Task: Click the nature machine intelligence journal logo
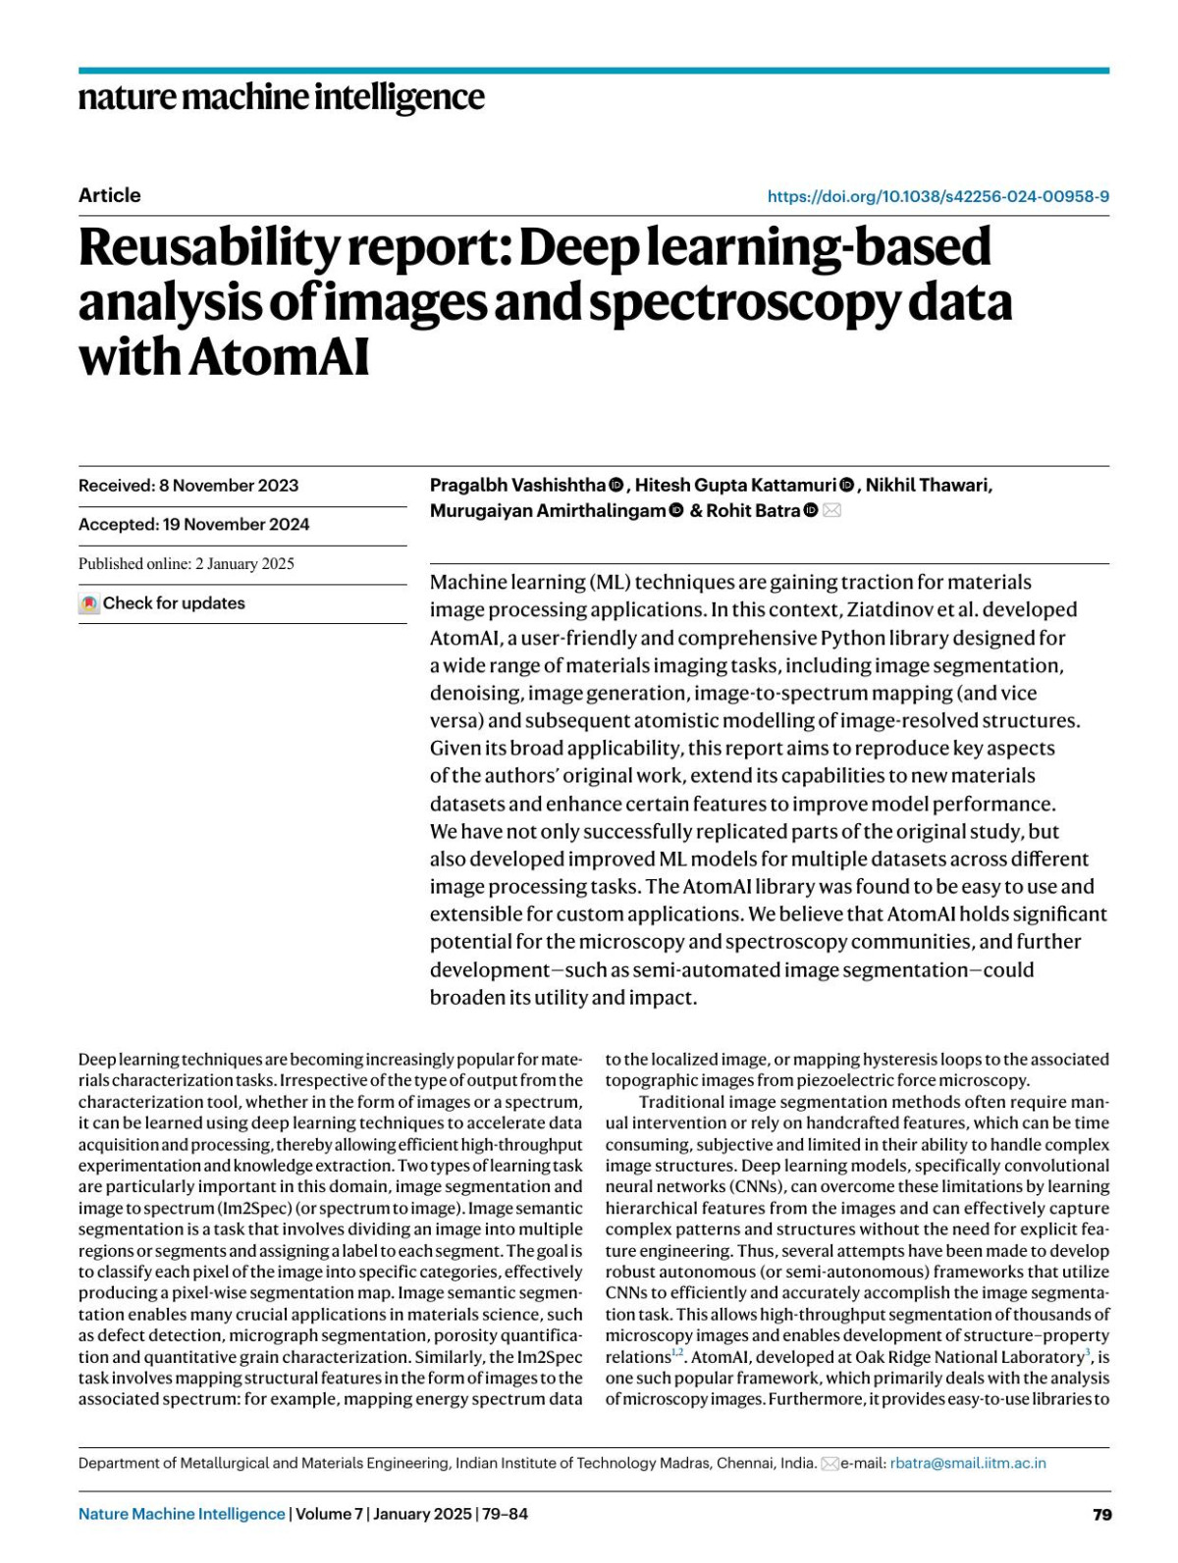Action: pyautogui.click(x=281, y=97)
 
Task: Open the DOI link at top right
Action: pyautogui.click(x=937, y=196)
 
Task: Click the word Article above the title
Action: pyautogui.click(x=109, y=195)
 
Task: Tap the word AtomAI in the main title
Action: pyautogui.click(x=280, y=356)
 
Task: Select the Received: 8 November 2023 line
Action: pyautogui.click(x=188, y=486)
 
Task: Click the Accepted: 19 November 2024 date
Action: pyautogui.click(x=193, y=524)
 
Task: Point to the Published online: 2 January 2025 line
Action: pyautogui.click(x=187, y=563)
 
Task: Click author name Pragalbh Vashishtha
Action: pyautogui.click(x=517, y=485)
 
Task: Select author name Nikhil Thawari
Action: pyautogui.click(x=928, y=485)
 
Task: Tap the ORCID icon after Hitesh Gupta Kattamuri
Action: pyautogui.click(x=846, y=486)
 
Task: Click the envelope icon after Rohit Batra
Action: pyautogui.click(x=831, y=510)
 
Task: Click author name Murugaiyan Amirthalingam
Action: pyautogui.click(x=547, y=510)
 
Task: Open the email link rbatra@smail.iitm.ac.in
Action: pyautogui.click(x=967, y=1463)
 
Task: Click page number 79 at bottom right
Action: pyautogui.click(x=1101, y=1514)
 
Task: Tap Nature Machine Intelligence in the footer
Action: pyautogui.click(x=182, y=1514)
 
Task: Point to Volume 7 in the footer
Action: pyautogui.click(x=328, y=1514)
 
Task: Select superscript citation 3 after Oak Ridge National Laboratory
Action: pyautogui.click(x=1087, y=1353)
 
